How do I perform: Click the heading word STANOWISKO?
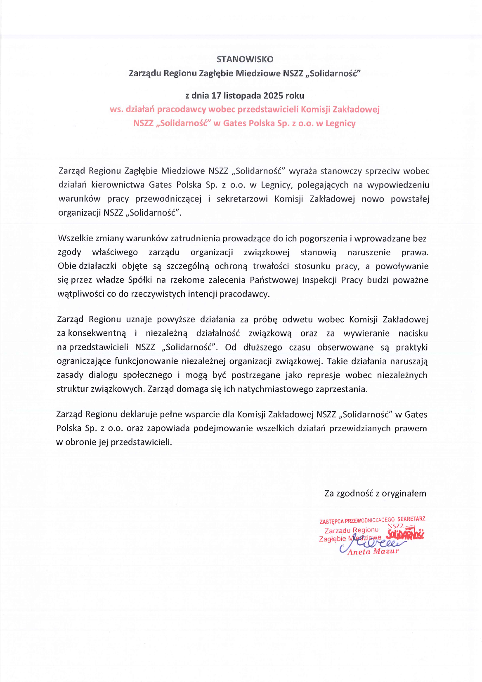pos(245,59)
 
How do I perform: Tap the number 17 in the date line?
pos(216,96)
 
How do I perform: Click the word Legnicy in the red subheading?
pos(340,123)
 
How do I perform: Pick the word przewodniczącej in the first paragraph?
pos(168,199)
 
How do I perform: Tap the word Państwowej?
pos(274,280)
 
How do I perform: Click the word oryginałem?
pos(404,494)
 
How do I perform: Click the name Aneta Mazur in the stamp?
pos(373,552)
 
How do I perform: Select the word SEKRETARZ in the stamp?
pos(411,519)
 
